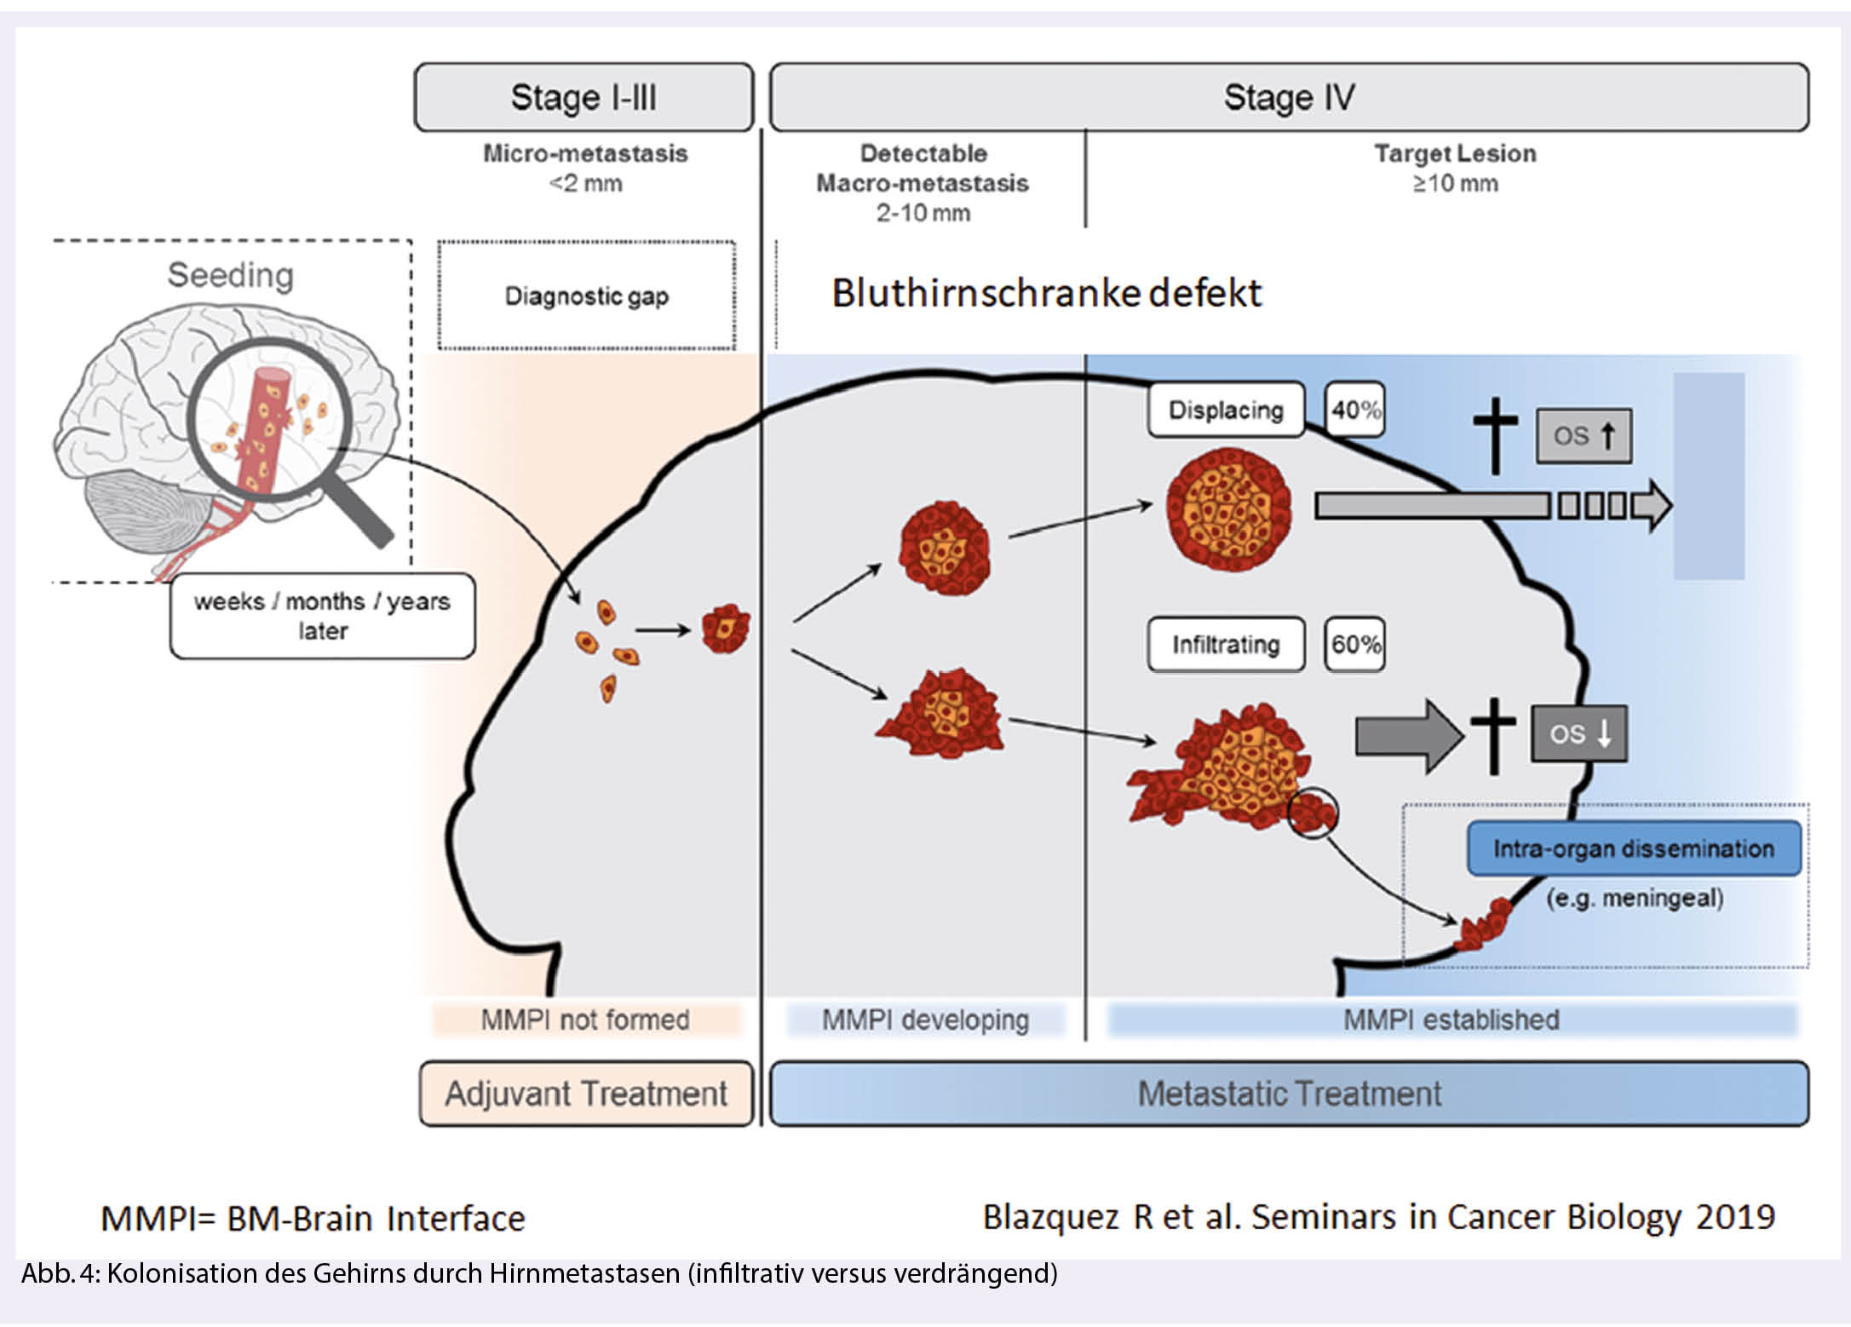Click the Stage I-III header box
pos(583,97)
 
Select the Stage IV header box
pos(1288,97)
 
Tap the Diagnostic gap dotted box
pos(586,296)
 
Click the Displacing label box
pos(1225,410)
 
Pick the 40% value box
pos(1354,410)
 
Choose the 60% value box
pos(1354,644)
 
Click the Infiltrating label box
pos(1225,645)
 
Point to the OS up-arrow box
pos(1584,436)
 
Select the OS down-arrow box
pos(1578,733)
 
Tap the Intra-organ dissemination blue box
pos(1633,848)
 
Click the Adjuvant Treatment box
pos(586,1094)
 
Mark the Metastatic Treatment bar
pos(1288,1094)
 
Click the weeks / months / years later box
pos(322,616)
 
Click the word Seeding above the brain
pos(230,275)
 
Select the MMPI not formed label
pos(585,1020)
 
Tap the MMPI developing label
pos(925,1020)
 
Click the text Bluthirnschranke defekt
pos(1046,293)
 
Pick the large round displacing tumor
pos(1228,508)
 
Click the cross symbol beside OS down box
pos(1493,735)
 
